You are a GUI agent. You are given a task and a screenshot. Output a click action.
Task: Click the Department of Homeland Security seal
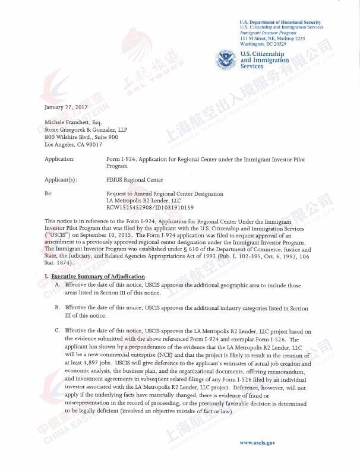(x=227, y=60)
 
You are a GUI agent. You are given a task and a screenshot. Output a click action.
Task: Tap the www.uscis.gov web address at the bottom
(x=257, y=442)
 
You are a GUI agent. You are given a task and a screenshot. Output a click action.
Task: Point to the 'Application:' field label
(x=59, y=160)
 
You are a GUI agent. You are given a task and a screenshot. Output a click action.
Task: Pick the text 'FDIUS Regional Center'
(x=134, y=179)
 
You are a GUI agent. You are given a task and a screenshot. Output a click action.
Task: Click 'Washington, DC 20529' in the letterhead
(x=263, y=44)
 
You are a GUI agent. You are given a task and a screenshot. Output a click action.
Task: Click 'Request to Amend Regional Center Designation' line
(x=165, y=194)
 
